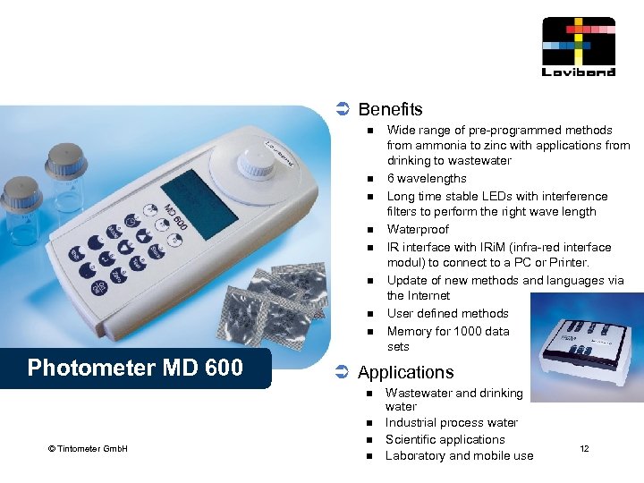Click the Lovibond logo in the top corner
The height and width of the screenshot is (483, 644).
pyautogui.click(x=579, y=47)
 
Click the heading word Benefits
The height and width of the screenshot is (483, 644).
pyautogui.click(x=390, y=109)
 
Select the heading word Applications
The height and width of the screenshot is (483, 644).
pyautogui.click(x=405, y=372)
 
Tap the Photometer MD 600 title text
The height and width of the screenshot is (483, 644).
pyautogui.click(x=135, y=368)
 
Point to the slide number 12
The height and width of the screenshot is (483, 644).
pyautogui.click(x=584, y=448)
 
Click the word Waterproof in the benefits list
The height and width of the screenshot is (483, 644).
pyautogui.click(x=418, y=230)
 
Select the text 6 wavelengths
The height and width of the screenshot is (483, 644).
pyautogui.click(x=427, y=179)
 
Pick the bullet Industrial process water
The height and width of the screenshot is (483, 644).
pyautogui.click(x=451, y=422)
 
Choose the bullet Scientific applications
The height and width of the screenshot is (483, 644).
pyautogui.click(x=445, y=439)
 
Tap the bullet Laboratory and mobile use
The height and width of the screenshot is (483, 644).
pyautogui.click(x=459, y=456)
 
